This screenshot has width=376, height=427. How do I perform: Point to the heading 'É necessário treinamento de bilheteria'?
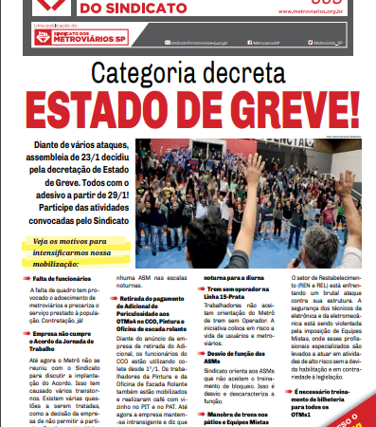pos(326,397)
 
